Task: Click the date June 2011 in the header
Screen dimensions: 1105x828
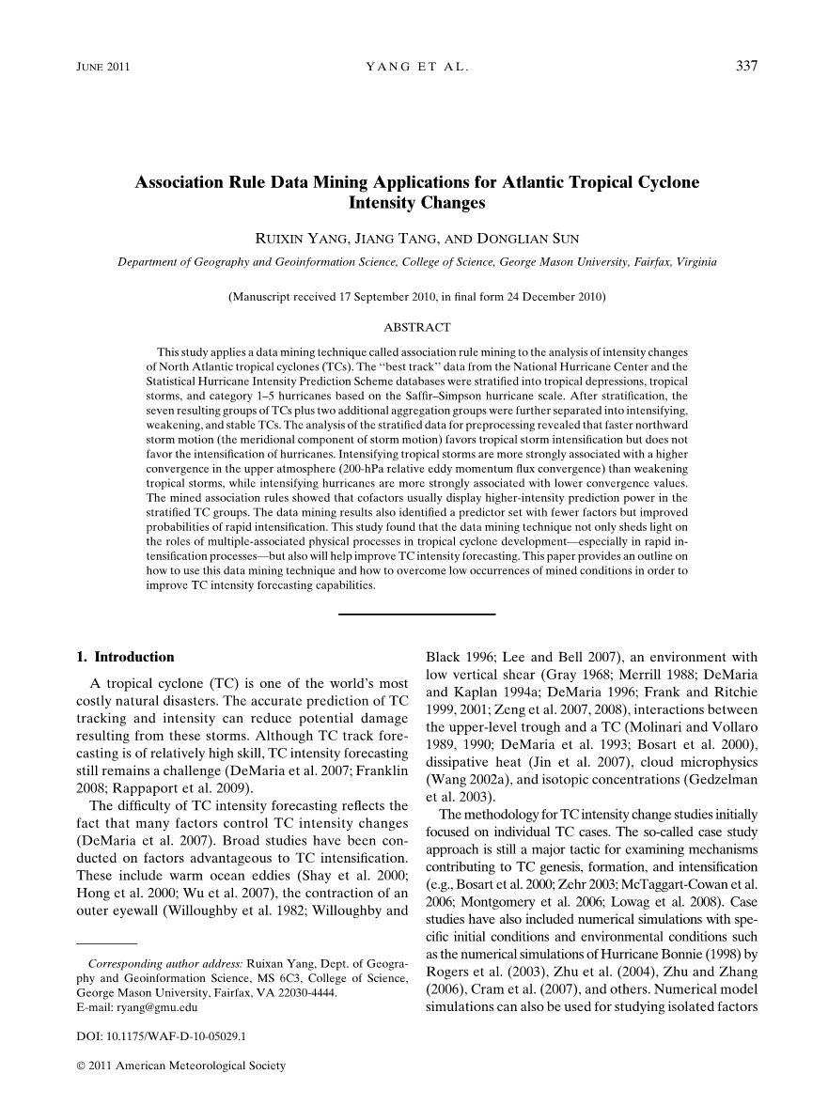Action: tap(102, 67)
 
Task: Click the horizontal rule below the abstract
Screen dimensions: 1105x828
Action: tap(416, 615)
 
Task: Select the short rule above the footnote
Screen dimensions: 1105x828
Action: tap(106, 942)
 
